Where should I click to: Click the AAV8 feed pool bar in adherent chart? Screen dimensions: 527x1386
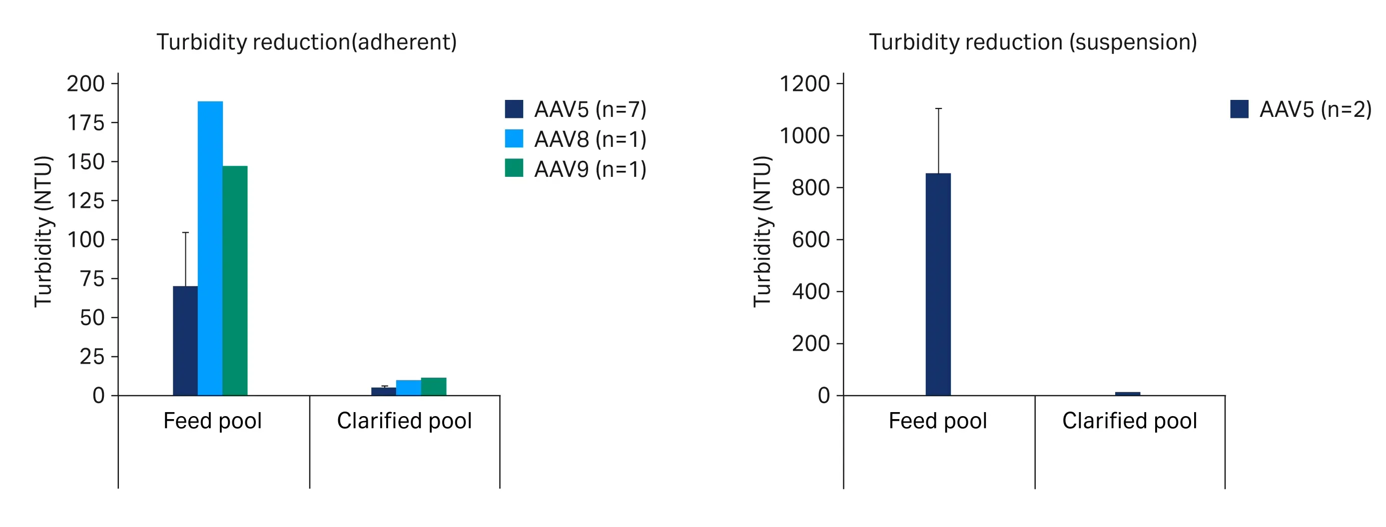[x=210, y=247]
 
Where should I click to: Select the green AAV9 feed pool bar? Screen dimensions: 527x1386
[x=235, y=280]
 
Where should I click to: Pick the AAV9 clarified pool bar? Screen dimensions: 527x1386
[x=434, y=387]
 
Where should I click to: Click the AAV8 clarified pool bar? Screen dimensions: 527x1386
[x=408, y=388]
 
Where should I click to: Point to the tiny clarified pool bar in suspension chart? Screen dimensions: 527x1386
[x=1127, y=394]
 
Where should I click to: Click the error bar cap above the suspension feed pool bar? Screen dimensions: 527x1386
[x=938, y=108]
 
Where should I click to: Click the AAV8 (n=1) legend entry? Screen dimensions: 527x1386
[x=576, y=139]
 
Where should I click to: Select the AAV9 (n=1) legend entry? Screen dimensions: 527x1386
[x=576, y=169]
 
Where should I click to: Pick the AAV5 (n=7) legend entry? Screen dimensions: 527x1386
[x=576, y=109]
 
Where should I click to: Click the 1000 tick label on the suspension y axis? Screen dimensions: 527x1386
[x=805, y=135]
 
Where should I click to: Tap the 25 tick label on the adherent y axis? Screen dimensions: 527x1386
[x=92, y=357]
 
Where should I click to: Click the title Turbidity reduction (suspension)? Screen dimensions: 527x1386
[x=1033, y=42]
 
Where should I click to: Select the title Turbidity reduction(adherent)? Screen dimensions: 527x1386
[x=307, y=42]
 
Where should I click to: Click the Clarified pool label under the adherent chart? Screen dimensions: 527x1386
[x=404, y=421]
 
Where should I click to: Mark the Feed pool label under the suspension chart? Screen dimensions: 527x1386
[x=937, y=421]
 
